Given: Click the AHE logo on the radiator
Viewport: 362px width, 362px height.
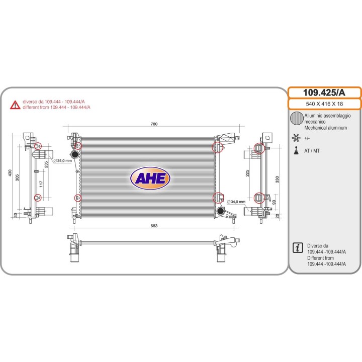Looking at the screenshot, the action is (150, 178).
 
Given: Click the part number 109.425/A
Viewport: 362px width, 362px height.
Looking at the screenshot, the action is (324, 93).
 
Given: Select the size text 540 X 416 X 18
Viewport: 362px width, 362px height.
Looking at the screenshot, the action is (324, 104).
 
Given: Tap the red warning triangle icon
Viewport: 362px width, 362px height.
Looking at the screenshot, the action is (15, 105).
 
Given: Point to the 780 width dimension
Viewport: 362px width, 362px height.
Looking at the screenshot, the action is (154, 124).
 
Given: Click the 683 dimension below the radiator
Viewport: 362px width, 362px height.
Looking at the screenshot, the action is (154, 226).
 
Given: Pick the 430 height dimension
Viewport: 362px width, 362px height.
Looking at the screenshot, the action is (10, 173).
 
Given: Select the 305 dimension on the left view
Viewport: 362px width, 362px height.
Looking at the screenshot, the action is (17, 177).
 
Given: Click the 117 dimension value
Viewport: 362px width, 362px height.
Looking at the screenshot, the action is (41, 184).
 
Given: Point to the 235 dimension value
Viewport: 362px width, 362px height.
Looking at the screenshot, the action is (46, 164).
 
